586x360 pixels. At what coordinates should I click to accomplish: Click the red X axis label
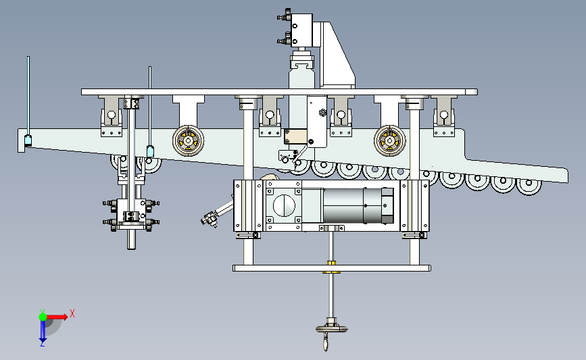click(72, 313)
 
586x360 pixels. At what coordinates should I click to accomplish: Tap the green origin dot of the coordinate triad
click(43, 317)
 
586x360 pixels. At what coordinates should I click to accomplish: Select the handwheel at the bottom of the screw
click(331, 329)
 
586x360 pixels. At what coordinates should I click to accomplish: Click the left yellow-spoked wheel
click(189, 140)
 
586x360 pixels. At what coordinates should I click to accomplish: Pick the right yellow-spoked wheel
click(390, 140)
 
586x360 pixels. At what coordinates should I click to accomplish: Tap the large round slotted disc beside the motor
click(285, 205)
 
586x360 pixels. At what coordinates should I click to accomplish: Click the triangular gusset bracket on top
click(337, 56)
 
